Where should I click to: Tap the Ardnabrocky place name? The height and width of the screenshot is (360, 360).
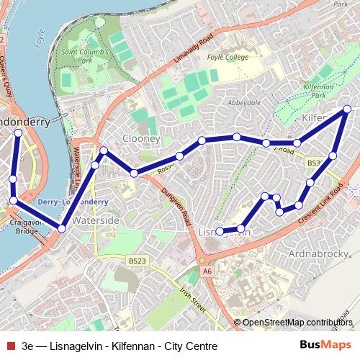(318, 254)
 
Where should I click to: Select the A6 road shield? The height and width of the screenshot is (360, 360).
(207, 271)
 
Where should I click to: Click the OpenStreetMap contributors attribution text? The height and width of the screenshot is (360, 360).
(298, 322)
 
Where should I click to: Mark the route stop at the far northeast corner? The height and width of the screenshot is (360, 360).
(347, 109)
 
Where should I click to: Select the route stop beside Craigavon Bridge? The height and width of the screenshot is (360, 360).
(14, 200)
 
